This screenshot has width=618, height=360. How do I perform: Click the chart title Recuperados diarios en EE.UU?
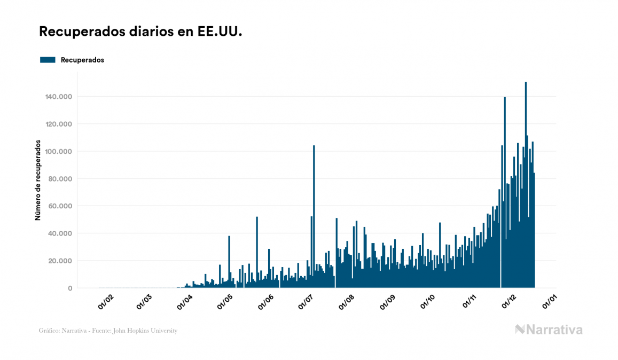coord(140,32)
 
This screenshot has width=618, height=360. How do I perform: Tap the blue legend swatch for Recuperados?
coord(48,60)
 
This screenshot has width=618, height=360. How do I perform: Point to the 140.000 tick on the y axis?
coord(59,97)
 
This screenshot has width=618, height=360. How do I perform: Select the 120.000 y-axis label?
coord(59,124)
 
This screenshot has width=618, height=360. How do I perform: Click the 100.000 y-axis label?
coord(59,152)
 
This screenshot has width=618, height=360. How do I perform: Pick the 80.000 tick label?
coord(61,179)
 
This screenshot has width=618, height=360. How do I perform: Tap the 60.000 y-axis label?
coord(61,206)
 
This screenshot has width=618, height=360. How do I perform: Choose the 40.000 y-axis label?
coord(61,233)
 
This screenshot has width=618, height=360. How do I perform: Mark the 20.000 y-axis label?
coord(61,261)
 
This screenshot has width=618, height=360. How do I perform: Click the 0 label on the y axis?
coord(70,288)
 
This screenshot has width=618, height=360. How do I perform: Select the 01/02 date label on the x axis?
coord(105,302)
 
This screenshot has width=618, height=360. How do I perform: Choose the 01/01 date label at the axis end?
coord(549,302)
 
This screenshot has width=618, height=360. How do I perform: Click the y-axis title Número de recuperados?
coord(38,180)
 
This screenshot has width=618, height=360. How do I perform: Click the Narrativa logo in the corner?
coord(549,330)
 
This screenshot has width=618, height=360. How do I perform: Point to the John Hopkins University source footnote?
coord(108,331)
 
